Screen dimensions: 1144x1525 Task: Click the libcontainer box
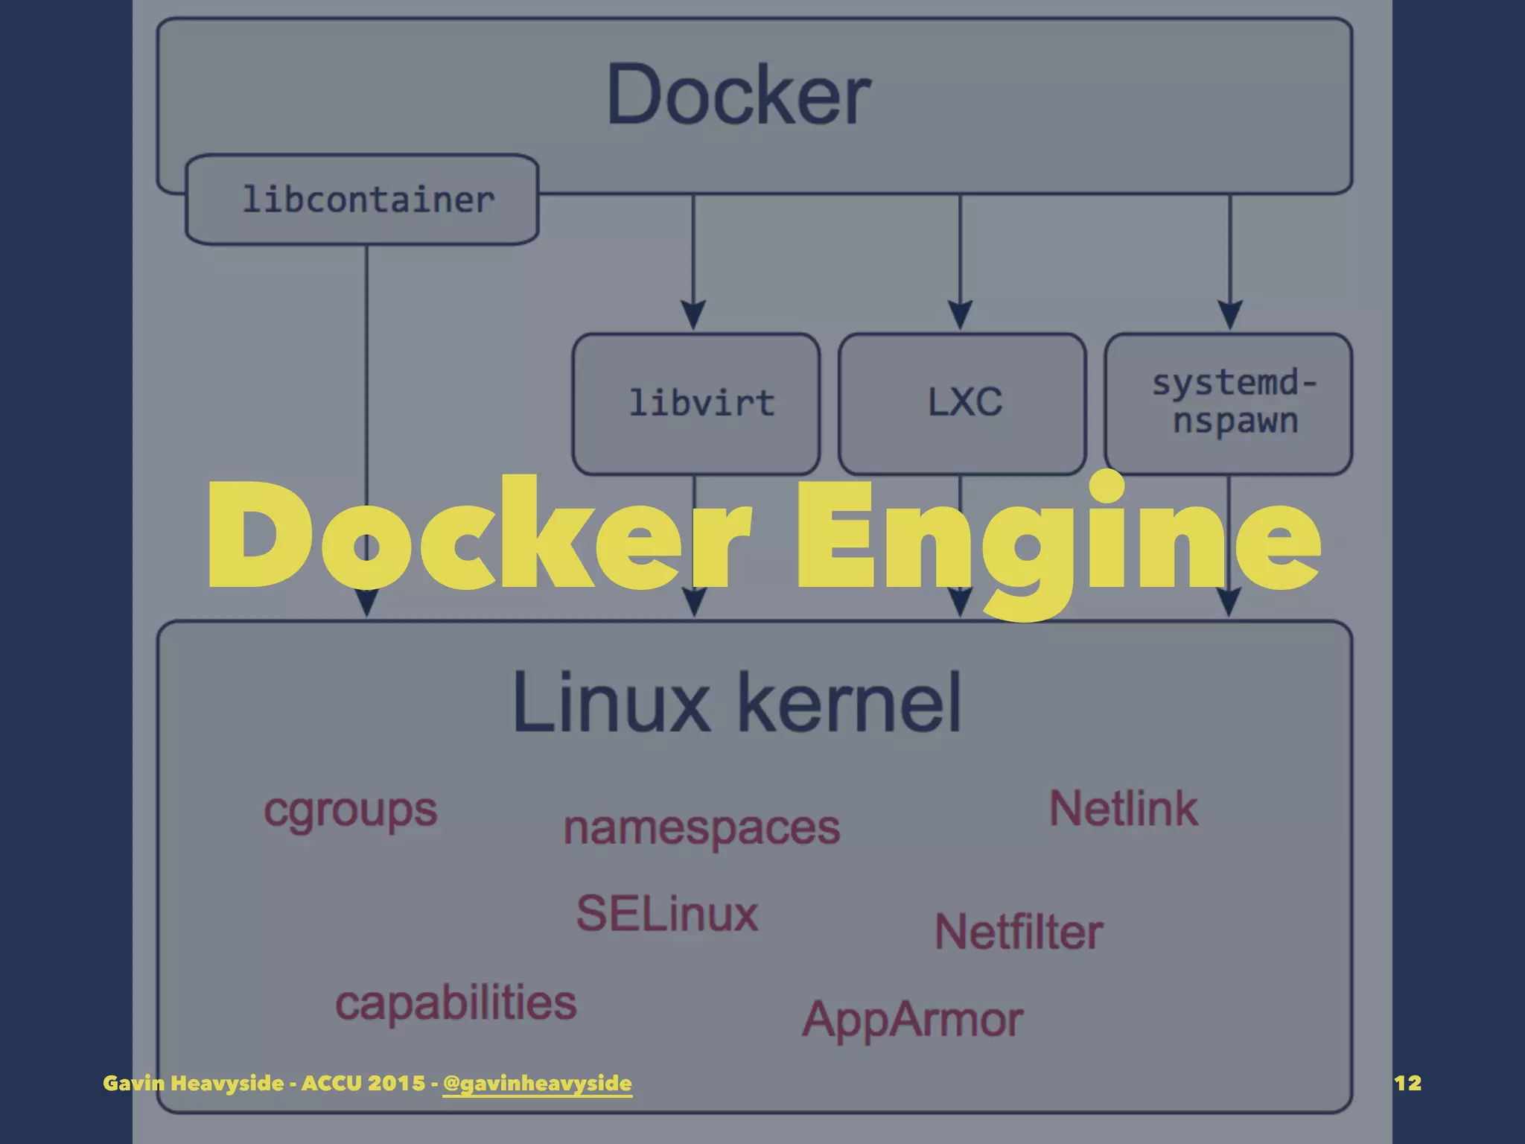[363, 200]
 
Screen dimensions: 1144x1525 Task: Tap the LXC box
[963, 403]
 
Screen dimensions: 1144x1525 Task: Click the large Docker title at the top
[739, 95]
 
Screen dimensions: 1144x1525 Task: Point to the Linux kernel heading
[737, 702]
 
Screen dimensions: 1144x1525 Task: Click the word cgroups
[350, 810]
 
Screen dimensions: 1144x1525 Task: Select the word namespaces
[701, 828]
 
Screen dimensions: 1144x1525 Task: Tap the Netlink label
[1124, 809]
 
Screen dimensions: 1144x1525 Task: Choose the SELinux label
[667, 914]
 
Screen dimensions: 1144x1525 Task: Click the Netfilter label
[1019, 932]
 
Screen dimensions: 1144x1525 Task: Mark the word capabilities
[456, 1002]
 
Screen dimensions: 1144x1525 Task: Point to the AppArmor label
[912, 1020]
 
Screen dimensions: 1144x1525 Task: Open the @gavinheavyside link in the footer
[537, 1083]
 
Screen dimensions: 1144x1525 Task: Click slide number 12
[1407, 1083]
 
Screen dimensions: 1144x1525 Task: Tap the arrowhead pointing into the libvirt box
[693, 315]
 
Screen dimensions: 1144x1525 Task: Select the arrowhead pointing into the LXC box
[960, 315]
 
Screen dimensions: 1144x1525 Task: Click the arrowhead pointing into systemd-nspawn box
[1229, 315]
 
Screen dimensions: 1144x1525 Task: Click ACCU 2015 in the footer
[363, 1083]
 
